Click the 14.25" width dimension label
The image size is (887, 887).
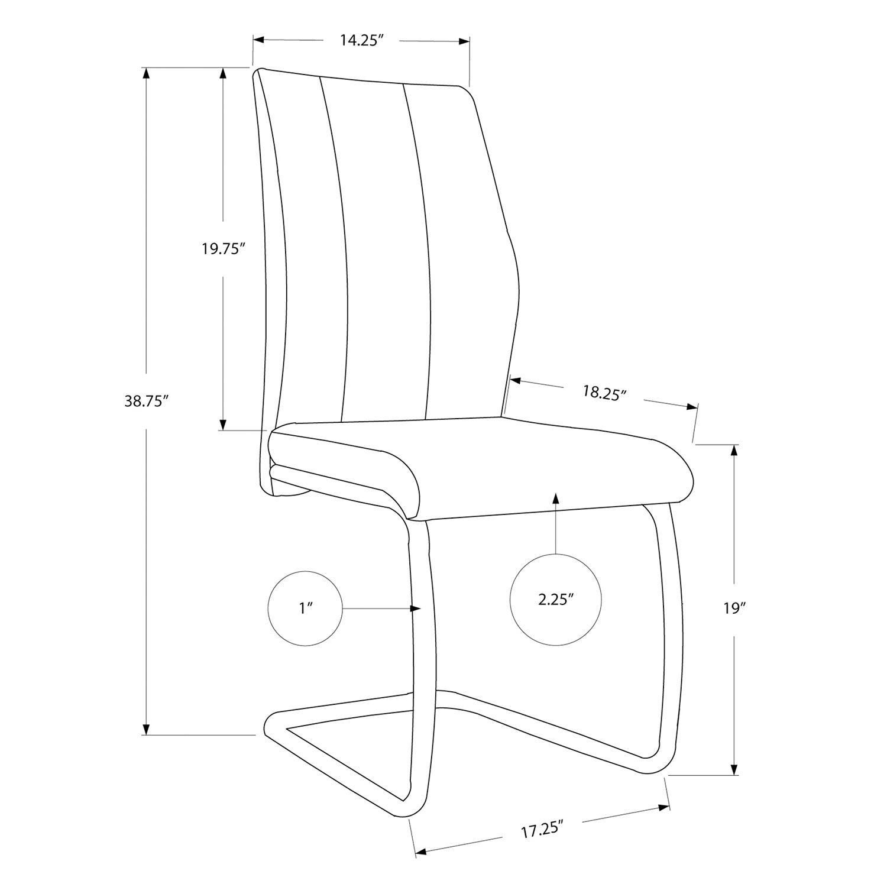click(362, 41)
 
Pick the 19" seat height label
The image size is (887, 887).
click(734, 608)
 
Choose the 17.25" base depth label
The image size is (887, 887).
click(540, 830)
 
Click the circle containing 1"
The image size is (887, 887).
click(306, 608)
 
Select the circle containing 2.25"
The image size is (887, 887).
click(556, 600)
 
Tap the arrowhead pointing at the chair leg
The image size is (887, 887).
click(416, 608)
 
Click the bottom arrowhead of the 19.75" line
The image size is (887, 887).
click(223, 424)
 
